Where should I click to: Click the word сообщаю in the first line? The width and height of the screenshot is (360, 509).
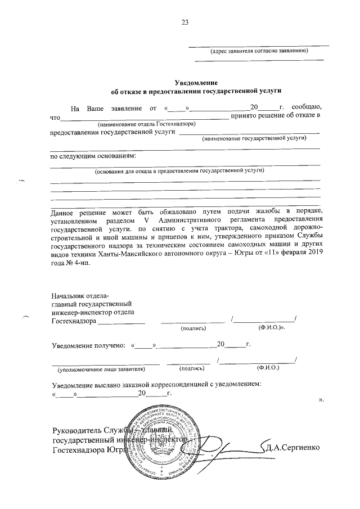tap(307, 107)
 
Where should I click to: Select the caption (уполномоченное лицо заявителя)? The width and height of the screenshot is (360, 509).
tap(101, 369)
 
